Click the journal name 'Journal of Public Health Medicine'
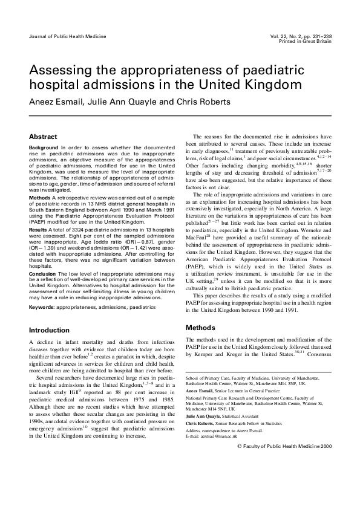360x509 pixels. [68, 36]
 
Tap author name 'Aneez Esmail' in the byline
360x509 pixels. [56, 101]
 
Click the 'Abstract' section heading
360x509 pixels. [43, 137]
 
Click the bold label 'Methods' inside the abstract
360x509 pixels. [39, 197]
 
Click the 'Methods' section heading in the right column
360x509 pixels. [200, 328]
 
